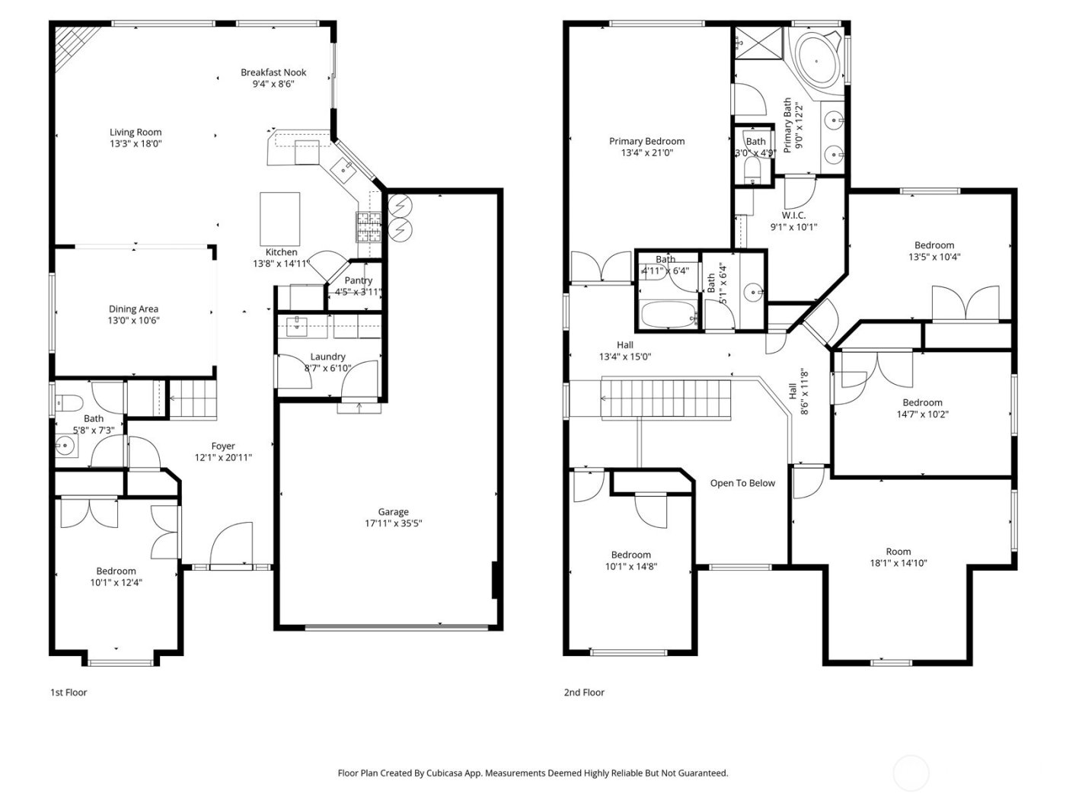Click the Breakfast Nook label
pyautogui.click(x=273, y=72)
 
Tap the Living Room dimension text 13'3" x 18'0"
pyautogui.click(x=136, y=143)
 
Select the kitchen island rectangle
pyautogui.click(x=279, y=216)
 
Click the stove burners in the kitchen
pyautogui.click(x=368, y=227)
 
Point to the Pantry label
pyautogui.click(x=358, y=280)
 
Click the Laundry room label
pyautogui.click(x=327, y=357)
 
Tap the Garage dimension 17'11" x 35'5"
pyautogui.click(x=394, y=523)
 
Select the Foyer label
pyautogui.click(x=223, y=446)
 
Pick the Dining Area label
pyautogui.click(x=133, y=309)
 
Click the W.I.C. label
pyautogui.click(x=793, y=215)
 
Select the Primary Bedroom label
pyautogui.click(x=646, y=141)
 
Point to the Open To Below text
pyautogui.click(x=742, y=483)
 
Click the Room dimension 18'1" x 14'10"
pyautogui.click(x=898, y=564)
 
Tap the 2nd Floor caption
pyautogui.click(x=583, y=693)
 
